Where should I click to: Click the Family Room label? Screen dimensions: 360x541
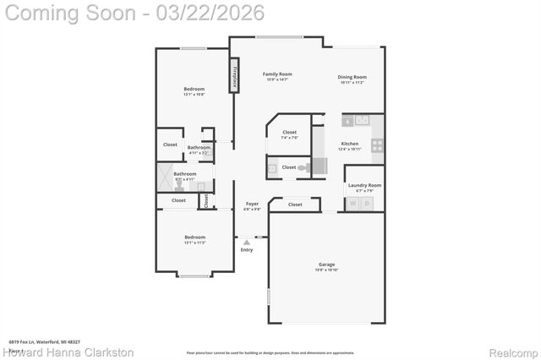[x=277, y=74]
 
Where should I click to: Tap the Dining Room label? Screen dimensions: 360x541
[x=352, y=78]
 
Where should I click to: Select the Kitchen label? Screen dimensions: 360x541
[x=350, y=144]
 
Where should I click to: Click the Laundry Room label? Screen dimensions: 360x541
[x=364, y=185]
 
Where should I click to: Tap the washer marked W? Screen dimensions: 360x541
[x=353, y=204]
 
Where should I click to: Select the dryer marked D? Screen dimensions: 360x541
[x=368, y=204]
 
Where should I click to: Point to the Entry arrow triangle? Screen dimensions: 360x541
[x=247, y=242]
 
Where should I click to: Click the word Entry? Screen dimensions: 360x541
[x=247, y=249]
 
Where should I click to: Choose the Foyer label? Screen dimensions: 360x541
[x=252, y=205]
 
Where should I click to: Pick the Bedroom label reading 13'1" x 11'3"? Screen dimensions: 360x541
[x=194, y=237]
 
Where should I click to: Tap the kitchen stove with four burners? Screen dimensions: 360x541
[x=377, y=145]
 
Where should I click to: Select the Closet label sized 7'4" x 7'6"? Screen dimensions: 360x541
[x=289, y=133]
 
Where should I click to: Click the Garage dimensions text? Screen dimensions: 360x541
[x=326, y=270]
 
